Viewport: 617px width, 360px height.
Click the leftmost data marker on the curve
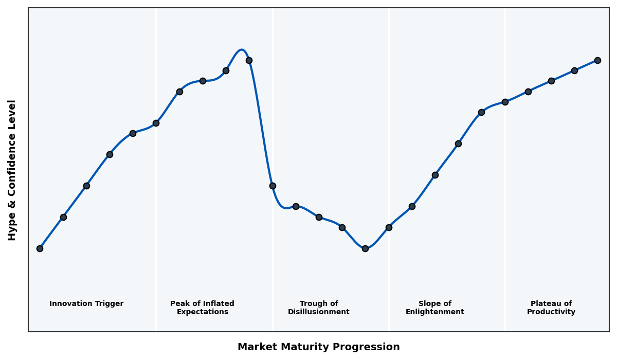tap(40, 248)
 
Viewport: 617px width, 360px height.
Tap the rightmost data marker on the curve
tap(597, 60)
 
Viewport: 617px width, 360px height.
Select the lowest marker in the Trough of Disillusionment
tap(365, 248)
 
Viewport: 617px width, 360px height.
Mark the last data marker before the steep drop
tap(249, 60)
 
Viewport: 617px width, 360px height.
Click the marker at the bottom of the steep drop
tap(273, 186)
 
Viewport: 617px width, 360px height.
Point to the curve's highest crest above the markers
tap(241, 50)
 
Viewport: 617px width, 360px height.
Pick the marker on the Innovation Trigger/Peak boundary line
tap(156, 123)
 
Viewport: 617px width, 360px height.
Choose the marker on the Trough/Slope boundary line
tap(389, 227)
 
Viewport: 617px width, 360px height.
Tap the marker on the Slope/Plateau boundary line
tap(505, 102)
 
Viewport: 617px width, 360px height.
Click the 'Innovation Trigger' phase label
tap(86, 304)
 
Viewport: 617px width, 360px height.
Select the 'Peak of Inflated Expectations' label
tap(202, 308)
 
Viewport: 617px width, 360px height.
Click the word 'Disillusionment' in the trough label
tap(319, 312)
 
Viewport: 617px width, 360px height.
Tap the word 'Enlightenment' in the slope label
tap(435, 312)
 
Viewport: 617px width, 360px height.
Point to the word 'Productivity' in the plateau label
tap(551, 312)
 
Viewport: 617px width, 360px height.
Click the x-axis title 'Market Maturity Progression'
tap(319, 347)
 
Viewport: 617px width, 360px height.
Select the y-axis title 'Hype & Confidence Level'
tap(12, 170)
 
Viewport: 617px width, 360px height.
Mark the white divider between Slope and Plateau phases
tap(505, 206)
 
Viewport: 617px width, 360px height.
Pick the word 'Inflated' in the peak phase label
tap(218, 304)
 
